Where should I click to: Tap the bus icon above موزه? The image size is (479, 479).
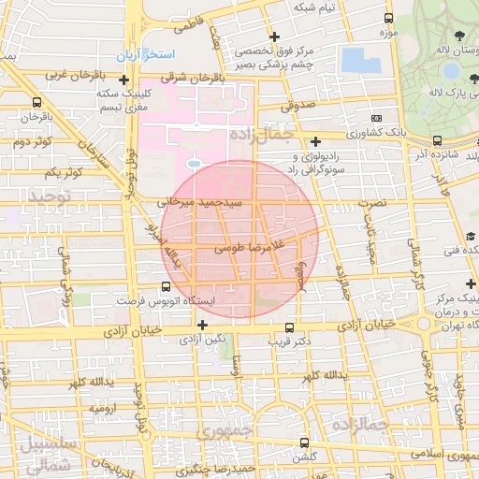(388, 20)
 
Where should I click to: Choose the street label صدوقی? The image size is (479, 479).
(294, 108)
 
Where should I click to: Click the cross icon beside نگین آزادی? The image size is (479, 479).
(202, 324)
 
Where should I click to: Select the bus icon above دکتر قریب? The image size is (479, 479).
(289, 328)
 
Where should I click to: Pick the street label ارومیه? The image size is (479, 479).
(103, 410)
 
